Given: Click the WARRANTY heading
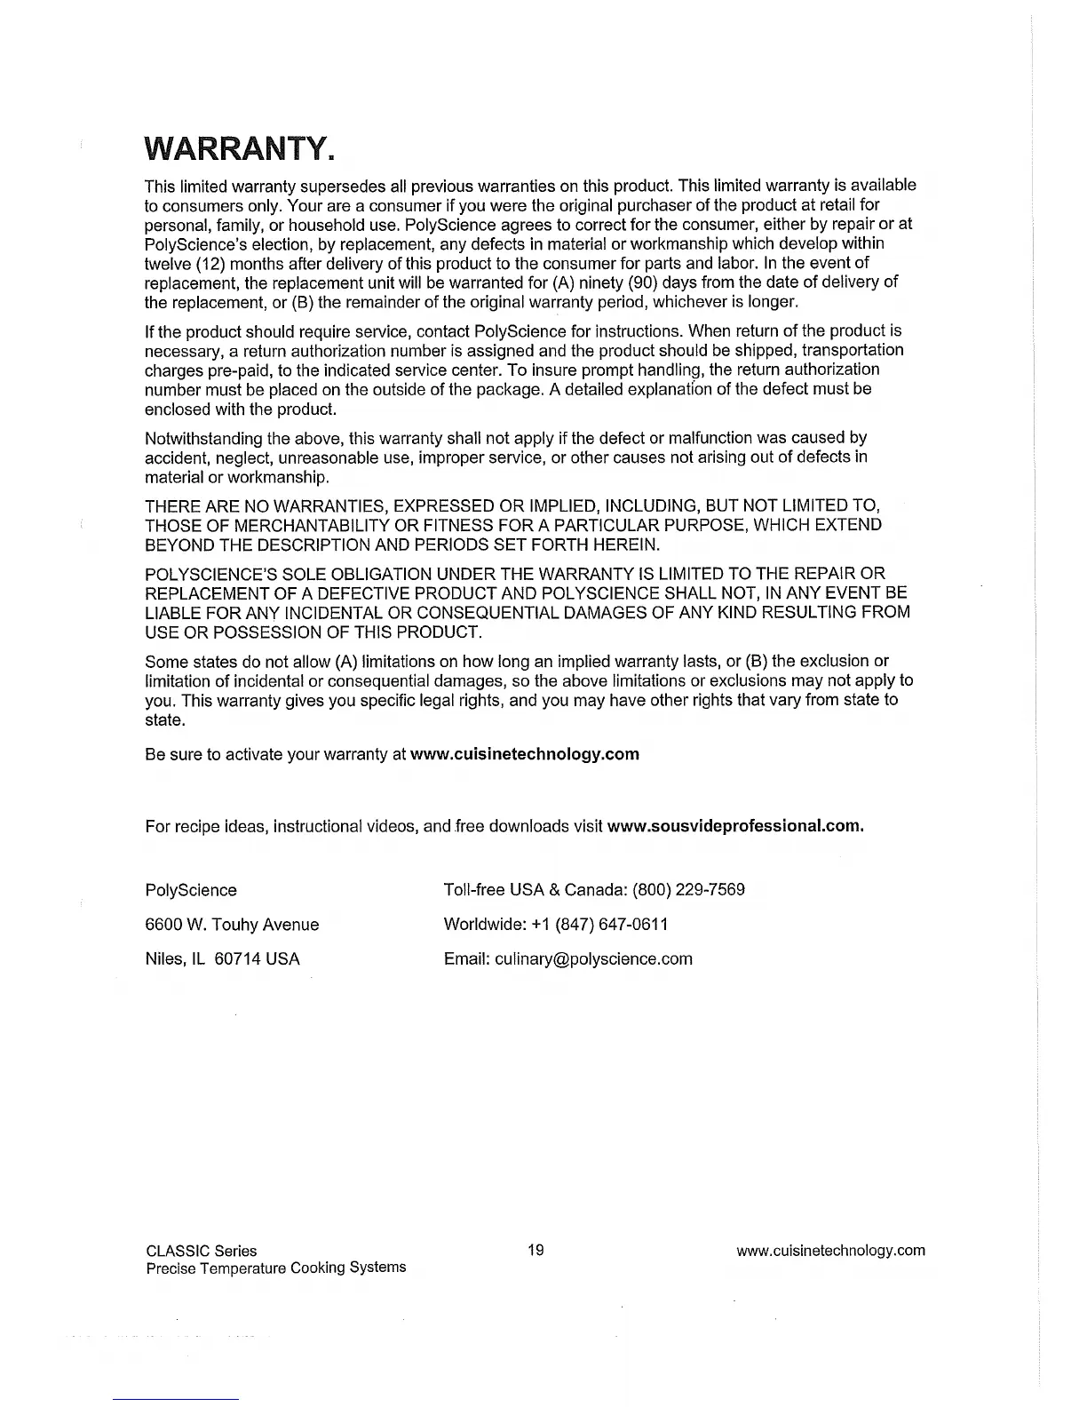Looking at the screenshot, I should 240,148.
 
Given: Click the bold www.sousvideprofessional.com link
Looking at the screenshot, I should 735,826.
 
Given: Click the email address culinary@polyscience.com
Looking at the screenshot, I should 593,959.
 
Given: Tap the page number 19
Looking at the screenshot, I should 536,1251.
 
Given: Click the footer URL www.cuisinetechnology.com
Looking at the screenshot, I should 830,1251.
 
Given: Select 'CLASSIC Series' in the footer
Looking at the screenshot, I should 201,1251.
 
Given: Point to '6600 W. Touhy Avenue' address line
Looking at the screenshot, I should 232,925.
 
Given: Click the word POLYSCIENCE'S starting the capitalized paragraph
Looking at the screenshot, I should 206,574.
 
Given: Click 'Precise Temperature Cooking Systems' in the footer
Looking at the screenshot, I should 275,1268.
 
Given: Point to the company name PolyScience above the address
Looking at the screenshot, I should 191,890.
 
